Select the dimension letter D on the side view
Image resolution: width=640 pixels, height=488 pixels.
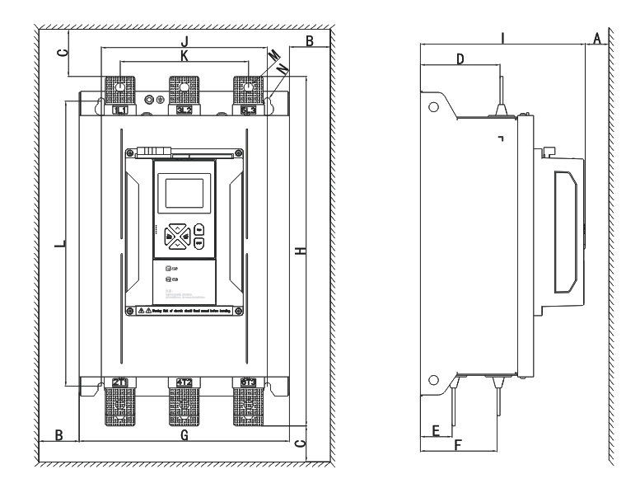tap(460, 59)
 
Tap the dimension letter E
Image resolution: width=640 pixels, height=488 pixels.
tap(436, 430)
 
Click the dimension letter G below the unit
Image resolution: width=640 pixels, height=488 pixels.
tap(185, 434)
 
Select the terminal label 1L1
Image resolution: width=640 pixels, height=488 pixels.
tap(119, 110)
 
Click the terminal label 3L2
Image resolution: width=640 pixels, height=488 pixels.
tap(185, 110)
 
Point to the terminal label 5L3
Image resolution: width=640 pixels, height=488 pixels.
tap(249, 110)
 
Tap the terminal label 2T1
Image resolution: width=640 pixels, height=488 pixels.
tap(119, 381)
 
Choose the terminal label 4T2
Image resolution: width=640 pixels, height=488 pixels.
tap(185, 381)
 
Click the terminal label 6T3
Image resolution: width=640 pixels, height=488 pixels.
tap(249, 381)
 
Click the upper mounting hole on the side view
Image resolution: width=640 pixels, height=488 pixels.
tap(433, 106)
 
